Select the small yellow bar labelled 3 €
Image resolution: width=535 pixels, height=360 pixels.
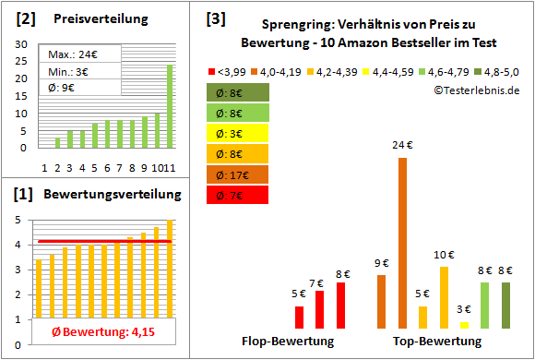point(464,325)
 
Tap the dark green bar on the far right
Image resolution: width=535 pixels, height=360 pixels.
point(505,306)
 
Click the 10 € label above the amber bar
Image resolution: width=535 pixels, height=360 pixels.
point(445,255)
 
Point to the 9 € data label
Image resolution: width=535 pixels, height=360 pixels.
point(380,263)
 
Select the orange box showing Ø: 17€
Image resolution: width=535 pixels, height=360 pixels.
point(238,174)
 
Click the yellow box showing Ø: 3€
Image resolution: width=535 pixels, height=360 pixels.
point(238,134)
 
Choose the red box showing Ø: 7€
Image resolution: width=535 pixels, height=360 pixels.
point(238,195)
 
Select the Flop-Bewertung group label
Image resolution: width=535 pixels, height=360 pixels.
point(288,342)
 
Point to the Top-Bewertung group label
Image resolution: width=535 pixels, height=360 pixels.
point(437,342)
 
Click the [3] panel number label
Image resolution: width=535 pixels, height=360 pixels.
point(216,18)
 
